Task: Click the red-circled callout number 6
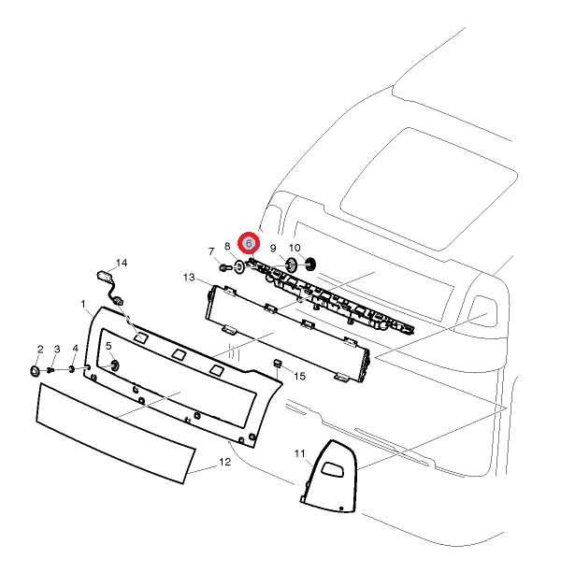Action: (249, 243)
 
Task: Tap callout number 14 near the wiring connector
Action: (122, 263)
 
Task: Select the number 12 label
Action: (224, 462)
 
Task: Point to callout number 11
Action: (299, 453)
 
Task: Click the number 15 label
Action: (299, 377)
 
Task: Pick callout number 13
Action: (189, 278)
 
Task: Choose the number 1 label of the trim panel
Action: (83, 305)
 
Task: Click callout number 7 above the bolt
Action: (211, 251)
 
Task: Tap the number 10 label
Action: (295, 248)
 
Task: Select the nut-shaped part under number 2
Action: (36, 371)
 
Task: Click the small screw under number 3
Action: (51, 370)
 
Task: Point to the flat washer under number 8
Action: (238, 266)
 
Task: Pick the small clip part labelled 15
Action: (278, 363)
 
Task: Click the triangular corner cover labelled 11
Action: (329, 476)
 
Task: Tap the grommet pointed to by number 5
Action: (114, 365)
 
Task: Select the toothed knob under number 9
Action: (292, 265)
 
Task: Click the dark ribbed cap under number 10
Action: (310, 265)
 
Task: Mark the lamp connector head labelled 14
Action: (104, 277)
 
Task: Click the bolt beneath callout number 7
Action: (224, 267)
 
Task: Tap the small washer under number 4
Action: (71, 369)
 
